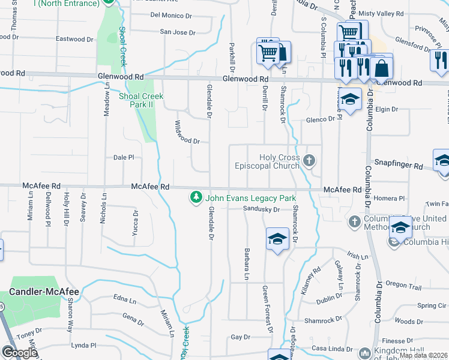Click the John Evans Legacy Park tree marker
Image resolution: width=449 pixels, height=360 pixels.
click(195, 197)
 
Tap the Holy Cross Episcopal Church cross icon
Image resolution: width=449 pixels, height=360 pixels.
click(309, 160)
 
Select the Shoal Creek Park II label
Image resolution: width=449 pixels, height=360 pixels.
click(141, 100)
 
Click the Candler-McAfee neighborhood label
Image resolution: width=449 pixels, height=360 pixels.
click(44, 292)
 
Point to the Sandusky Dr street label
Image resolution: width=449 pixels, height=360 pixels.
click(262, 209)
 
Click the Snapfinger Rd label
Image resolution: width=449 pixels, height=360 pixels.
click(399, 164)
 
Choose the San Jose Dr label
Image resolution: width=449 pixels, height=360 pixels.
click(178, 32)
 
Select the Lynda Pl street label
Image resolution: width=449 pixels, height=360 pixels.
click(84, 345)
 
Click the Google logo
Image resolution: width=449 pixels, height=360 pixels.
click(19, 352)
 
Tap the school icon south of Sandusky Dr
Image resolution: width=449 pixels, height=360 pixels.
click(276, 239)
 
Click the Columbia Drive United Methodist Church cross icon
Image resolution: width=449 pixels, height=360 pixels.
click(354, 222)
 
